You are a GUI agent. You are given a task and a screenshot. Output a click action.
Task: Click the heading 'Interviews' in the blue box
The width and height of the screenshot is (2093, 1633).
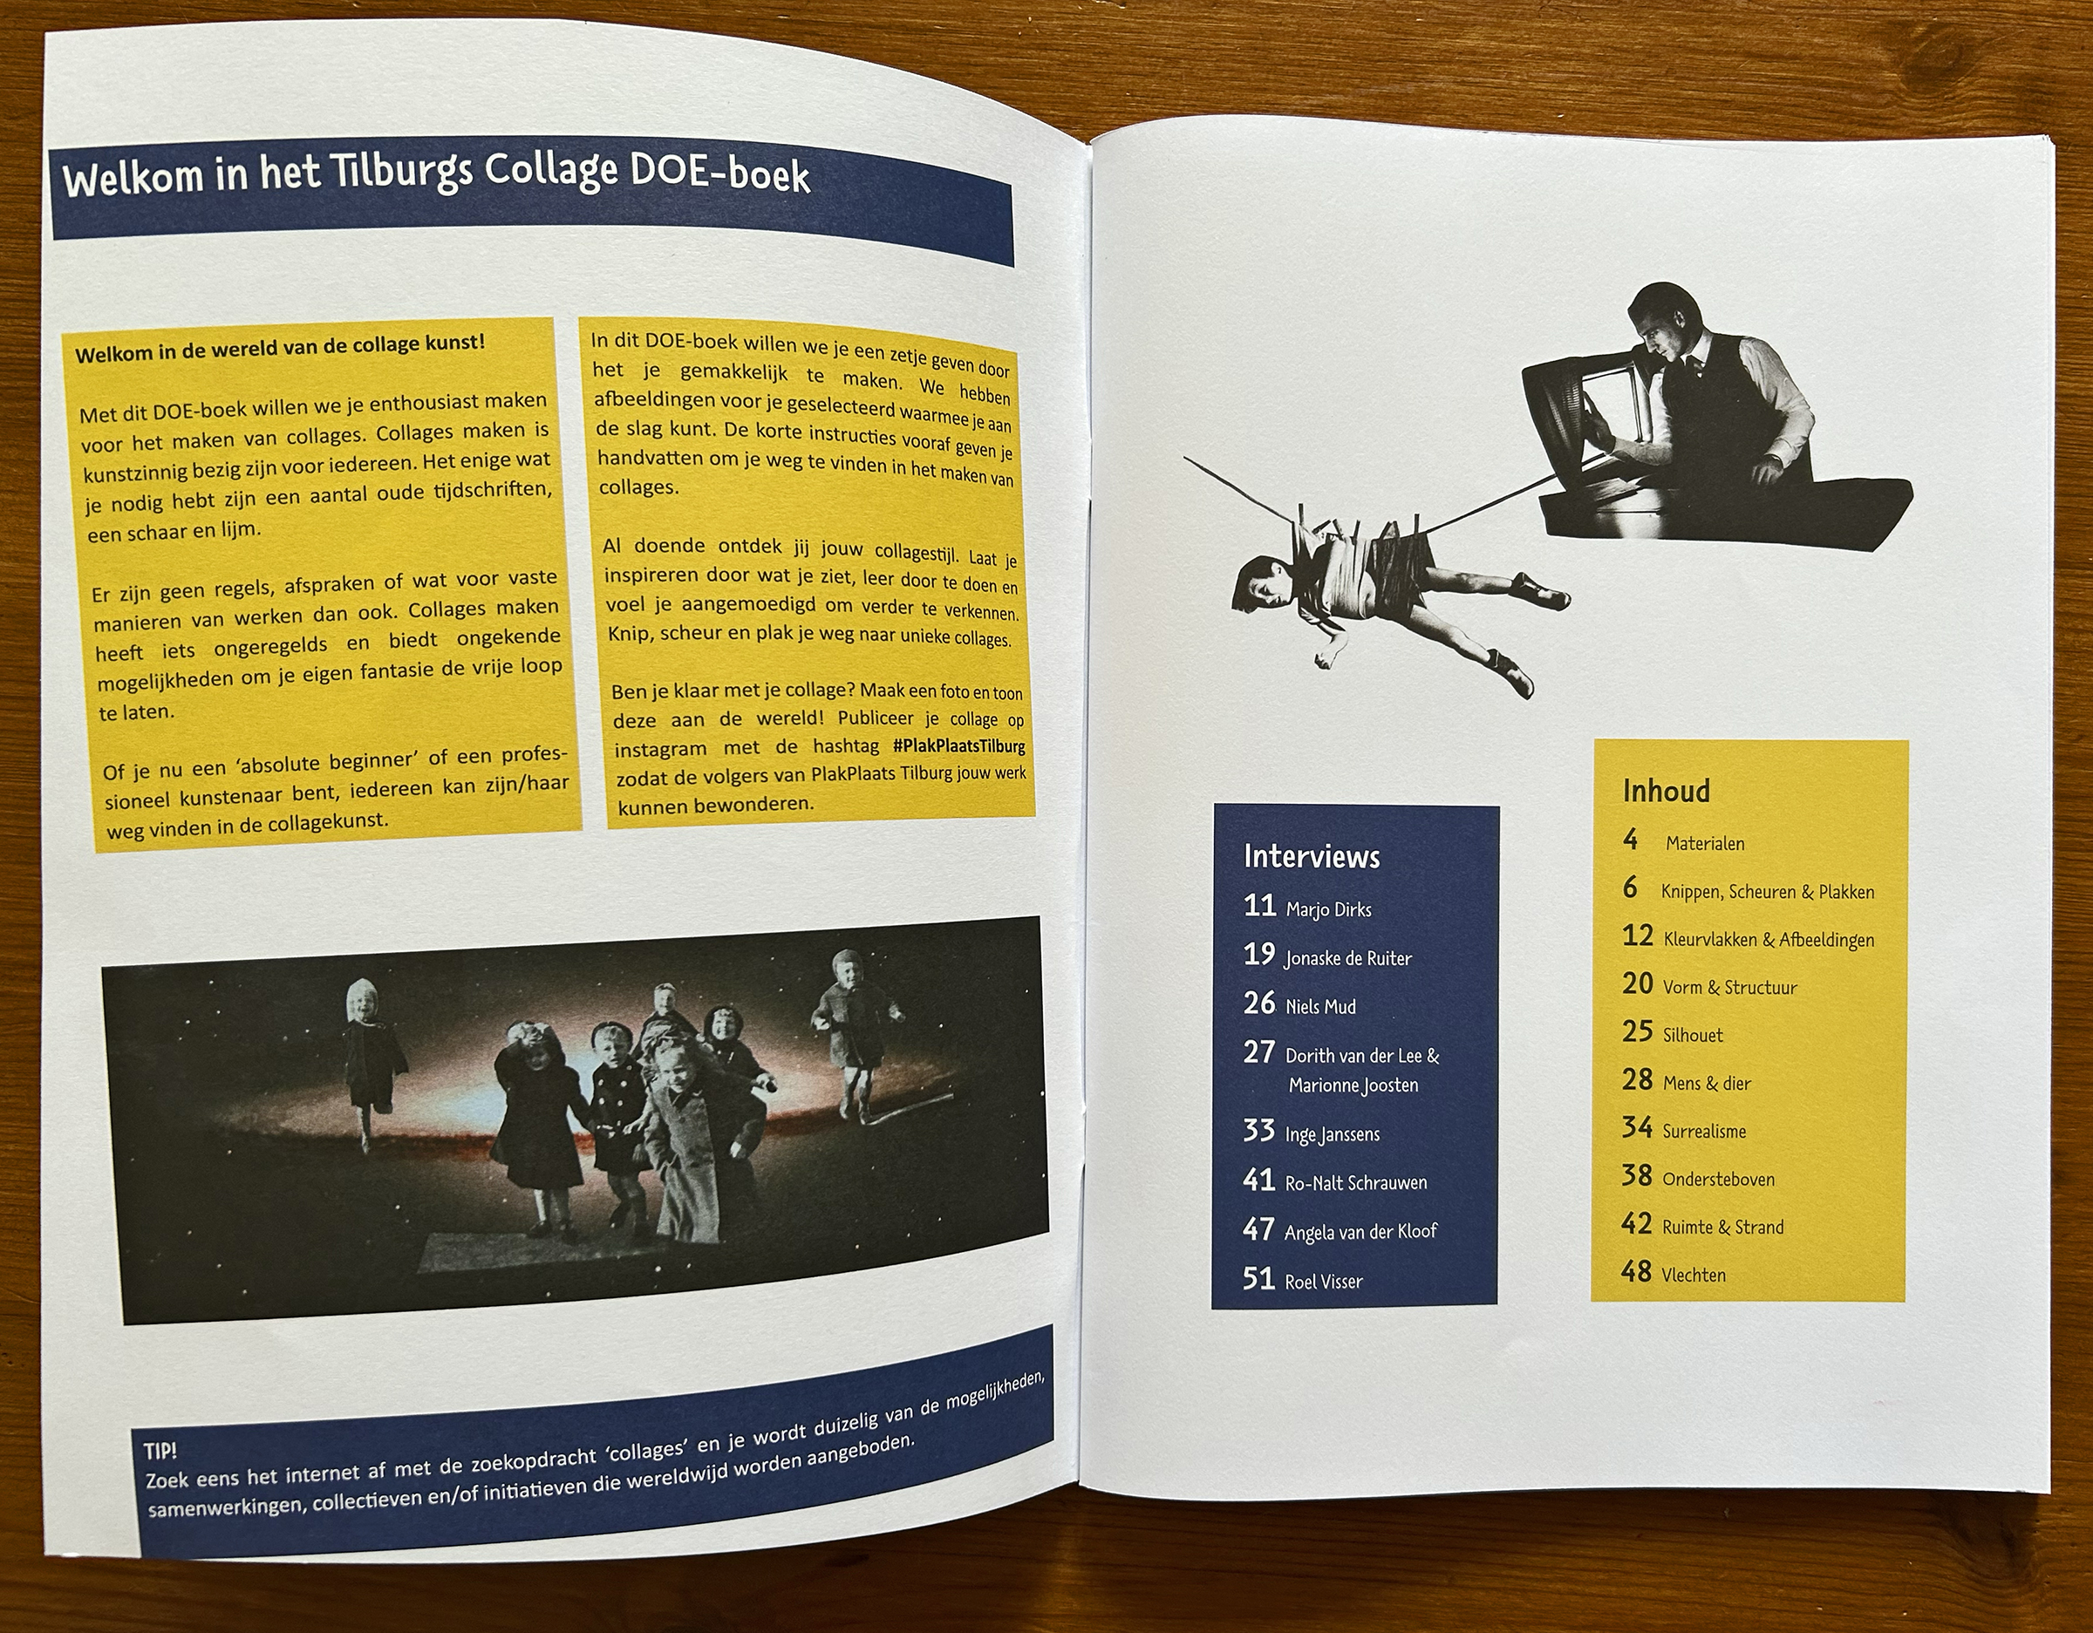(x=1311, y=856)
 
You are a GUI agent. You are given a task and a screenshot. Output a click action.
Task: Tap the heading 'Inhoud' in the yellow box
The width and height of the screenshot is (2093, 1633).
(x=1666, y=791)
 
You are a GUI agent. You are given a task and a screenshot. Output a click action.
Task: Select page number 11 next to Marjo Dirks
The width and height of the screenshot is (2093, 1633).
(x=1259, y=906)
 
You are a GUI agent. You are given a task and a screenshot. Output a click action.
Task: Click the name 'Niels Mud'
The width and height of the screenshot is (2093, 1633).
(x=1320, y=1006)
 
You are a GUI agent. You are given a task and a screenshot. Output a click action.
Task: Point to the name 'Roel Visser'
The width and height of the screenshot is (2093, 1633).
(x=1324, y=1282)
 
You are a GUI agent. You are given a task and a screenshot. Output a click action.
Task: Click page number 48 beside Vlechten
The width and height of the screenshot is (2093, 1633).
(x=1637, y=1272)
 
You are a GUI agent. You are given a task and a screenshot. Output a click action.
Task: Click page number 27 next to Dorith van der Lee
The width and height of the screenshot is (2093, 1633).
(x=1258, y=1052)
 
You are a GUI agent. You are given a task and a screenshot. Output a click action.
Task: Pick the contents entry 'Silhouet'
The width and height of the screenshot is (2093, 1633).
(x=1693, y=1035)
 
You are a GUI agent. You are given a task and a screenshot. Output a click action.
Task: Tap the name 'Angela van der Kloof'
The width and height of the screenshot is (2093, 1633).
(x=1360, y=1231)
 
